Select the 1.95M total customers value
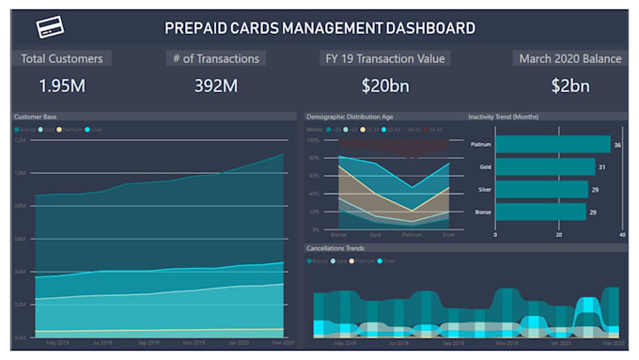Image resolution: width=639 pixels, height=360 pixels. coord(63,86)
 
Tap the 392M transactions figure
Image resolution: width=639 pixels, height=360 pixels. coord(216,86)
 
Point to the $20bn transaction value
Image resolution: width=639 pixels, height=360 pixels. coord(384,86)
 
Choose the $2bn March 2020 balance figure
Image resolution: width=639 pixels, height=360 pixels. coord(569,86)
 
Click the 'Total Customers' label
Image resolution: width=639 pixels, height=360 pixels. coord(62,58)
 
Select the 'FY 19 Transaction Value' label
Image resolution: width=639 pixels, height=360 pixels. coord(384,58)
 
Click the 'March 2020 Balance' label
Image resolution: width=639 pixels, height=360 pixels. coord(569,58)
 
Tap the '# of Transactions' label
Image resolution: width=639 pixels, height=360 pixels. coord(216,58)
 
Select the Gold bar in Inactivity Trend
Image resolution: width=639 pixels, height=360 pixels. coord(544,167)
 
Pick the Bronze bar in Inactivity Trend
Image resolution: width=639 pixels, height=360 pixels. coord(540,211)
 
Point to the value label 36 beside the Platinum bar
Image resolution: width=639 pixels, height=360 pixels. coord(617,146)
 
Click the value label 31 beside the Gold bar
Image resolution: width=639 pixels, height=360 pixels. coord(602,167)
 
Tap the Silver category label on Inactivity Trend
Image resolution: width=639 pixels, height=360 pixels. coord(485,190)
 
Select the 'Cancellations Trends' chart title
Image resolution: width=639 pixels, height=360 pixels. coord(335,248)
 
